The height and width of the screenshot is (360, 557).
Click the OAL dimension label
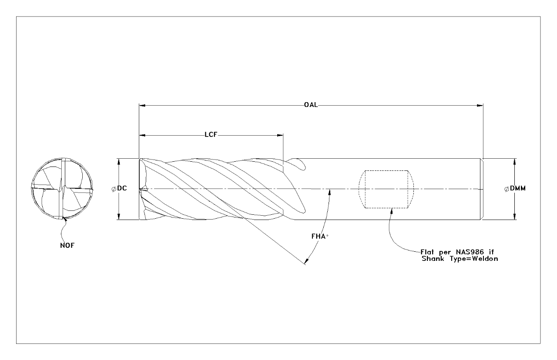(x=310, y=105)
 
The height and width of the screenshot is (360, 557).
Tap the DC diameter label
(x=122, y=189)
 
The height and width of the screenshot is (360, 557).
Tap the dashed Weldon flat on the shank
(x=386, y=189)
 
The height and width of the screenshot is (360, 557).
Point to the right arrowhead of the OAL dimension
(x=480, y=105)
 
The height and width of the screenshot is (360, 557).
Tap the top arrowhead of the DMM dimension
(x=515, y=161)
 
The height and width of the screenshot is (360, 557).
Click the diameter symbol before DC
(x=114, y=189)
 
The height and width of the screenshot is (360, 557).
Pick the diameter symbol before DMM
(x=507, y=189)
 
